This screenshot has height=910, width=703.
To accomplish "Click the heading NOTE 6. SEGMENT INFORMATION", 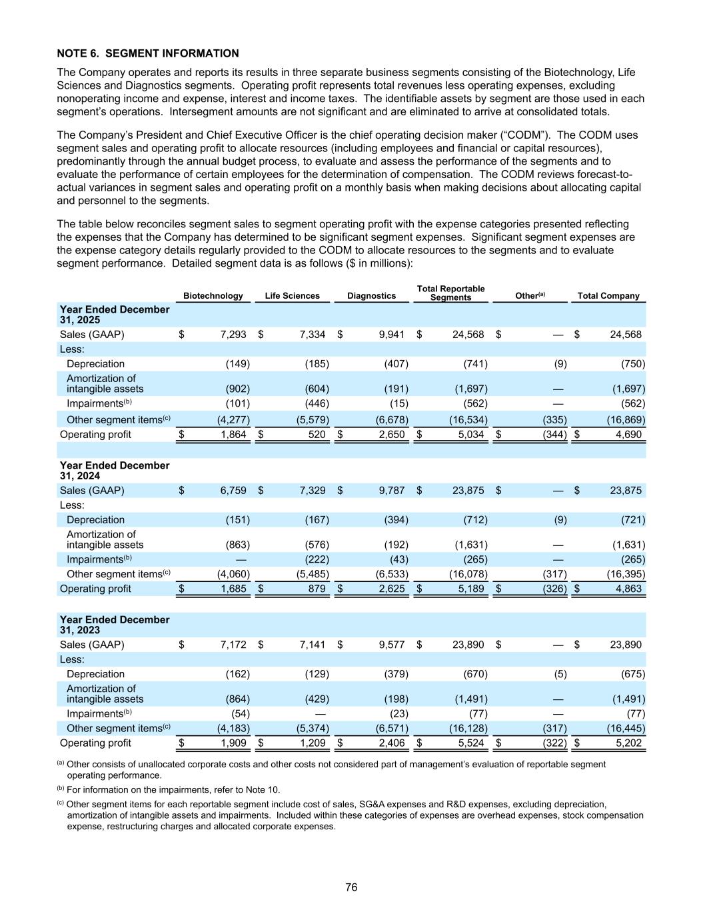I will [148, 53].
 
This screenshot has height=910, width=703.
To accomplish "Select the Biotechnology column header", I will [213, 296].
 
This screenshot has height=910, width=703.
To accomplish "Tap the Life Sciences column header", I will [292, 296].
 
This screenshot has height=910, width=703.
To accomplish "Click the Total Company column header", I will [608, 296].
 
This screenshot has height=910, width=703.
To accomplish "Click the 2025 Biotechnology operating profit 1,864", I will [233, 435].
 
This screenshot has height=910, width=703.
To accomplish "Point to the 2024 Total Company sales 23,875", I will [626, 491].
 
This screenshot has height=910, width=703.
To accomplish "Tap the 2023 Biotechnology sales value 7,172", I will [233, 645].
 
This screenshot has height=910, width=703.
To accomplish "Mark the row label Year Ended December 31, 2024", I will [115, 471].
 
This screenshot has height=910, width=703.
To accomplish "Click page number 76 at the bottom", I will [351, 887].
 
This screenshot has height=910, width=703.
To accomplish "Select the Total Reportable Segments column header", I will [450, 293].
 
